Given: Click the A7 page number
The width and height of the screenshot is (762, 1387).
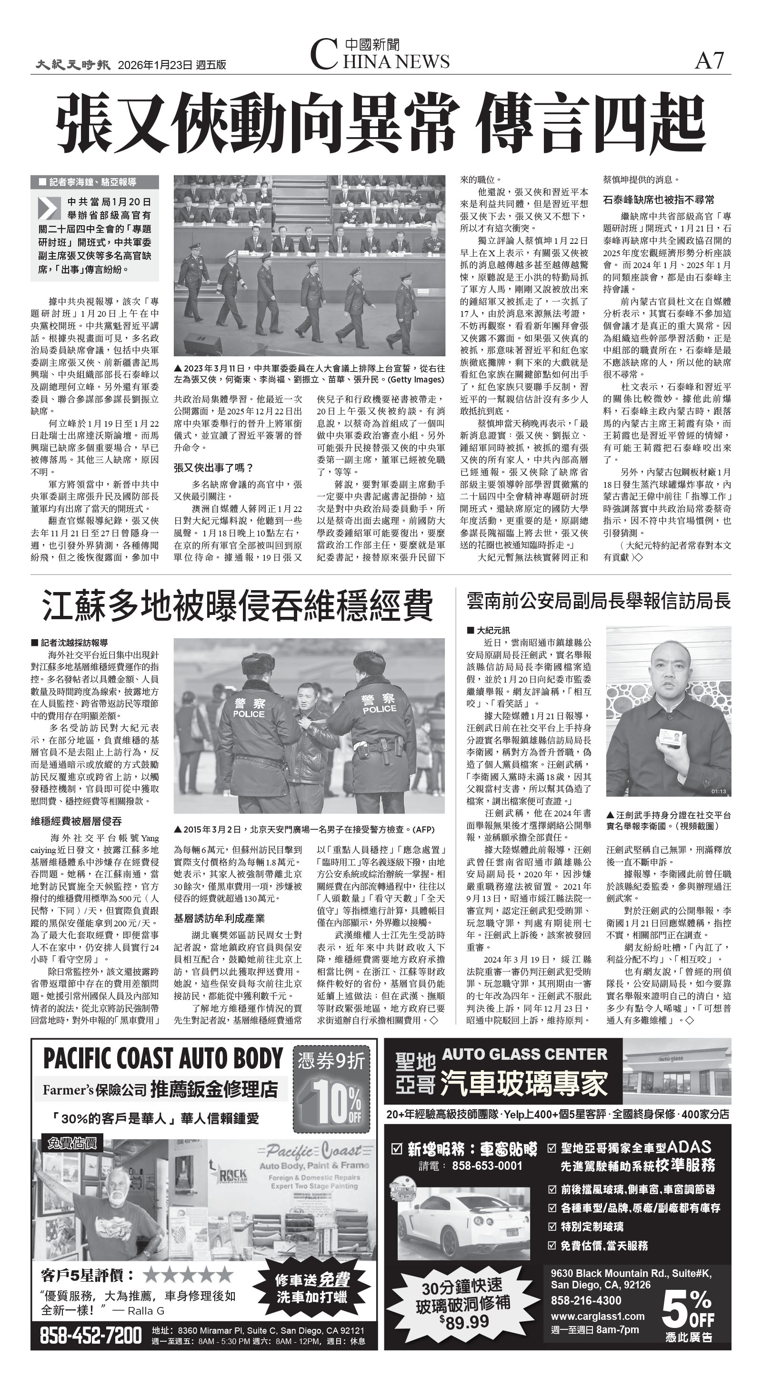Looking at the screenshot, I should [709, 60].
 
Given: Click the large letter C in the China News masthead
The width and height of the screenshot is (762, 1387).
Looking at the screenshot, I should [324, 56].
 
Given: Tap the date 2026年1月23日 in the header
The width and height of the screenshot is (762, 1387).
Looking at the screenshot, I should [155, 65].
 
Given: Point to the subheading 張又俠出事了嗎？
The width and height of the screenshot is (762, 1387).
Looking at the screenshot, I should [213, 467].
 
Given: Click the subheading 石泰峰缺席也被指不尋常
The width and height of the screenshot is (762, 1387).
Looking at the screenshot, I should [659, 200].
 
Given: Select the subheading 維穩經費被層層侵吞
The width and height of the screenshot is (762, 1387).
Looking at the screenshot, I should [77, 821].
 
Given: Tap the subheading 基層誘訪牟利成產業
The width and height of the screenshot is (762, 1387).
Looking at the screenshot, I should [219, 919].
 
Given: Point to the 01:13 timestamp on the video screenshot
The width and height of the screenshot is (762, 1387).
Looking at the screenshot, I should [718, 792].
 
